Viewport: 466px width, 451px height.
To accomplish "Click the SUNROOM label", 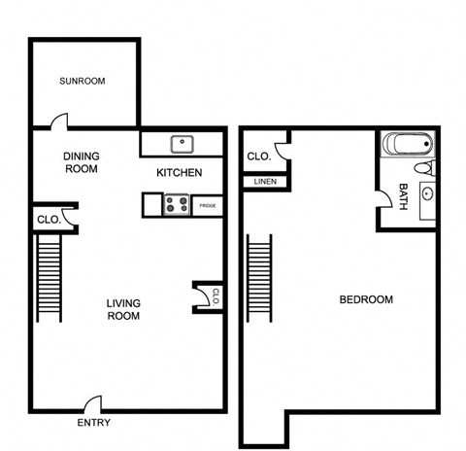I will point(82,81).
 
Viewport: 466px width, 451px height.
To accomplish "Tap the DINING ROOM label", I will point(82,162).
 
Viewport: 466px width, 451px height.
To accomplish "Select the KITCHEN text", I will point(180,173).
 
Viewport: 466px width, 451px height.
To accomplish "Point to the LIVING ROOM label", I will point(123,309).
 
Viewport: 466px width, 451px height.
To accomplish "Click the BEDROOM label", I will point(366,299).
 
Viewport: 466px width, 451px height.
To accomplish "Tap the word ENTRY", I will point(93,423).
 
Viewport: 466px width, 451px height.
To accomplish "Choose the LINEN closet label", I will point(264,182).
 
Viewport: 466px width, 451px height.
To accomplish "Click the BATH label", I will point(402,198).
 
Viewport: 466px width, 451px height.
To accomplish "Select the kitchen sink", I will point(182,145).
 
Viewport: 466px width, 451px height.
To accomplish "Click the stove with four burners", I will point(177,205).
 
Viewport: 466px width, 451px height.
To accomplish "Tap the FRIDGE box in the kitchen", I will point(207,206).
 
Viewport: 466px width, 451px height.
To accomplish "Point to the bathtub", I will point(406,146).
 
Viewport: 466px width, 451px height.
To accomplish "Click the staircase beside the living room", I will point(50,280).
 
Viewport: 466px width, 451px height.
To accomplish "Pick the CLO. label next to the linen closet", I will point(258,156).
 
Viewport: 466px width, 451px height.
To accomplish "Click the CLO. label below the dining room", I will point(49,220).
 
